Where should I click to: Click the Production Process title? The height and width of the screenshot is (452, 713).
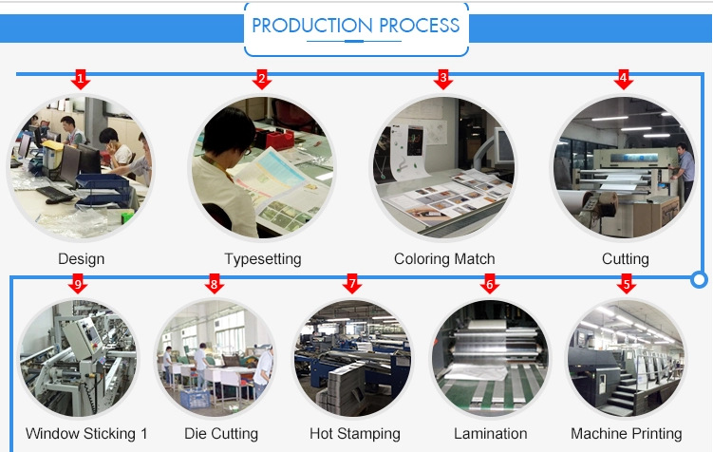point(356,26)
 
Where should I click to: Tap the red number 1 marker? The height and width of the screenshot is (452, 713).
point(81,78)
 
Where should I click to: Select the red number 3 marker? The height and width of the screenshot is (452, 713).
point(443,78)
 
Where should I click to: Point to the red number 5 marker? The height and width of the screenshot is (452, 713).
point(626,283)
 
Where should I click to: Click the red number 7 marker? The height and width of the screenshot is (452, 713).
point(352,283)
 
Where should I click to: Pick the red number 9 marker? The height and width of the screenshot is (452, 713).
point(79,283)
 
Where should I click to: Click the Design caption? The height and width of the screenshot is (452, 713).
point(81,258)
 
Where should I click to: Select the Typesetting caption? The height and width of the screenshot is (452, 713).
point(263,258)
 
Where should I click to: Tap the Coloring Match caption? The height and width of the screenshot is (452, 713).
point(444,258)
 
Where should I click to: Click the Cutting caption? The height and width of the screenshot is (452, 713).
point(626,258)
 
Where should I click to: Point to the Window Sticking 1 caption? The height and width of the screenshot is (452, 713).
point(86,434)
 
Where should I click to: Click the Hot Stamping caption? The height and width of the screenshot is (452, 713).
point(355,434)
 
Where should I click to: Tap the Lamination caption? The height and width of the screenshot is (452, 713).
point(490,434)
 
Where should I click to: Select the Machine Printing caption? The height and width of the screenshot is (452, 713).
point(627,434)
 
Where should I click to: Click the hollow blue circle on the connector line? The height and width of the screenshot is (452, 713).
point(700,279)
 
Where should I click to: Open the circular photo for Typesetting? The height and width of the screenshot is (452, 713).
point(261,168)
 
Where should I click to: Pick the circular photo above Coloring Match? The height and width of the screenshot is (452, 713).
point(443,168)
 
